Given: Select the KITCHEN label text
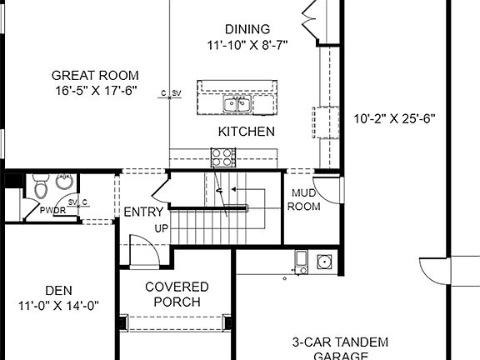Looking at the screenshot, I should coord(247,132).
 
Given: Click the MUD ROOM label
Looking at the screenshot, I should coord(303,200).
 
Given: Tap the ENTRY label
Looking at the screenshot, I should coord(143,212).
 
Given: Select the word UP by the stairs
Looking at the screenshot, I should coord(162,227).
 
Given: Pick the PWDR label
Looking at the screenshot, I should coord(54,212).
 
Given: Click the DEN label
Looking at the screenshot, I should coord(58,290).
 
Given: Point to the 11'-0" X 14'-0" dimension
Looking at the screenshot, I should coord(58,305).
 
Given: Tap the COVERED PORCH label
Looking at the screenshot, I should coord(177,294).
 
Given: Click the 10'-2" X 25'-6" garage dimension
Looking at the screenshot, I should coord(395,117).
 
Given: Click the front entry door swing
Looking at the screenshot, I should coord(142,247).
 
